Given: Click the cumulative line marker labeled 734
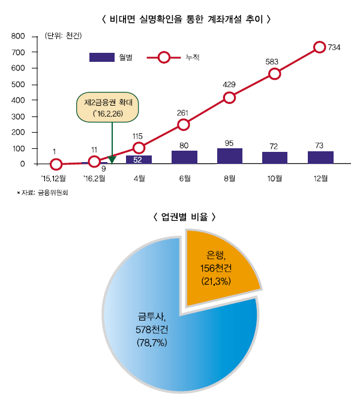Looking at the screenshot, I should [320, 47].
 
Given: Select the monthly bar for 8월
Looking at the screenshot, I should [229, 156].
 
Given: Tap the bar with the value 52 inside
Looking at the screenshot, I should [139, 160].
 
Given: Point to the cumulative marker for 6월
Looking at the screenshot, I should [184, 125].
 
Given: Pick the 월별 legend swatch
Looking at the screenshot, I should [101, 58].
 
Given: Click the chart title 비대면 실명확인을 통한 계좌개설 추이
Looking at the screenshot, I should [183, 19].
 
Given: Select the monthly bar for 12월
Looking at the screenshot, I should [320, 157].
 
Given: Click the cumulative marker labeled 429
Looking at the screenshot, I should [229, 98].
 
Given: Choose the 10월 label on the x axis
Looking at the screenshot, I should [275, 178].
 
